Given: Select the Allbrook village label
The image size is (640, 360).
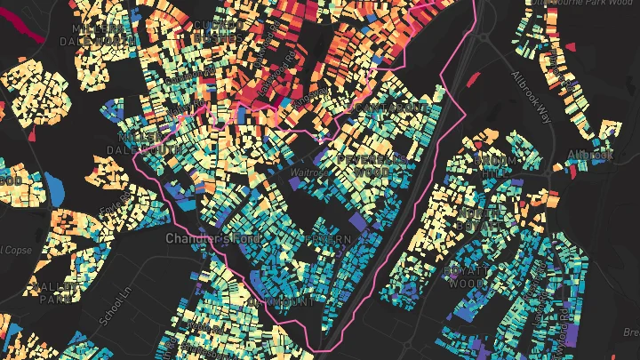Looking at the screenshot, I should pyautogui.click(x=590, y=155).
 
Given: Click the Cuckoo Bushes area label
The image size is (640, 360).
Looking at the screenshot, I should pyautogui.click(x=214, y=30).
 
